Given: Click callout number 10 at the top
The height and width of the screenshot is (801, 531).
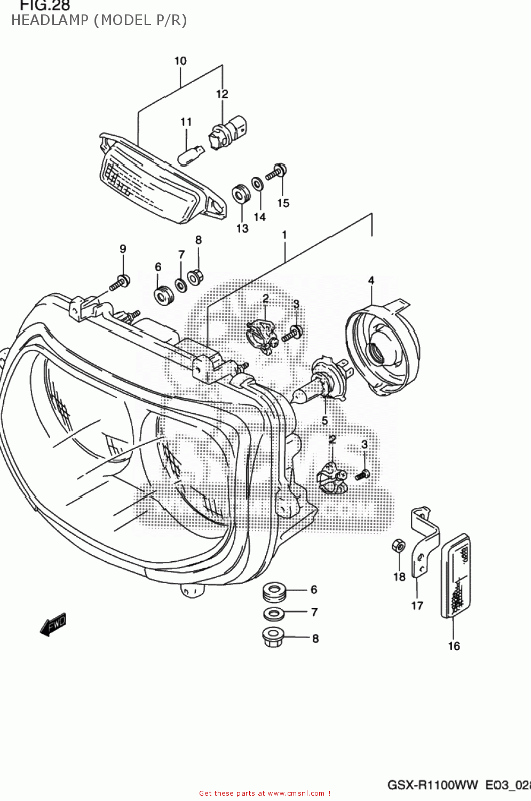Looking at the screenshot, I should coord(180,61).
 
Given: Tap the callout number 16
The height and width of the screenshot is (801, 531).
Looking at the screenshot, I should coord(453,646).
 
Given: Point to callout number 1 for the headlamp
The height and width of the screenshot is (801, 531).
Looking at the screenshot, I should coord(284,234).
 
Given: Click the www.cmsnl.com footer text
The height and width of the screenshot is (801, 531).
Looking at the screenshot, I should coord(295,794).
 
